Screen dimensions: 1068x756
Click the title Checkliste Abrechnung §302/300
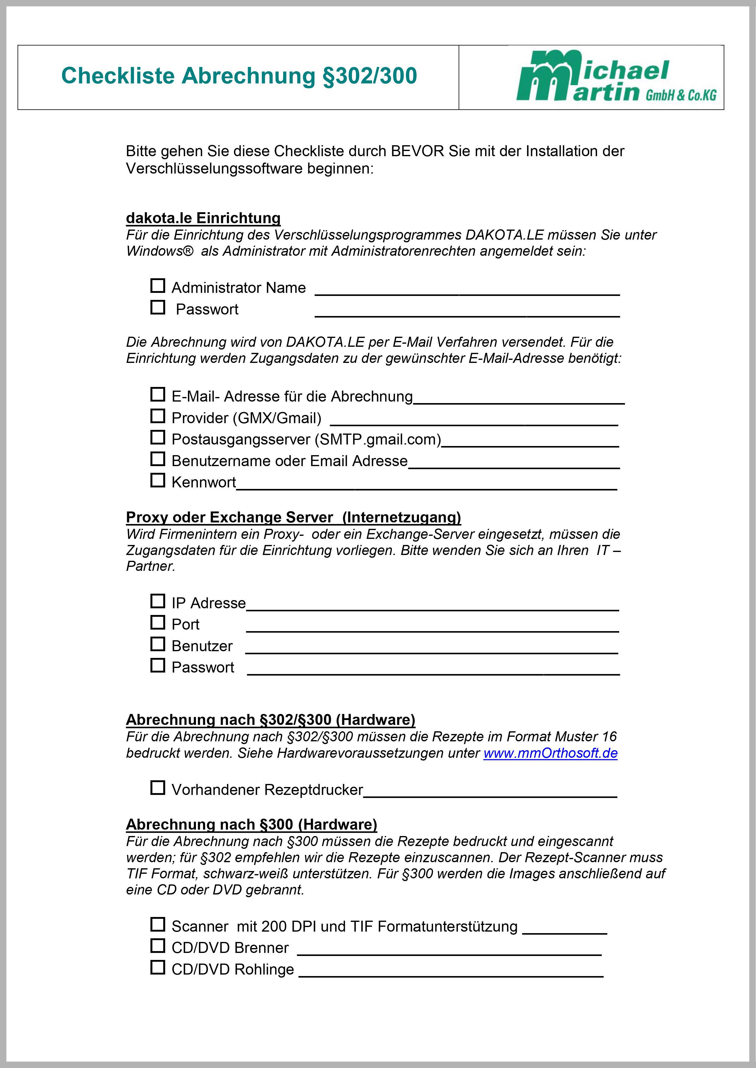coord(239,76)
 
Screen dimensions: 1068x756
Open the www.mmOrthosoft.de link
coord(550,753)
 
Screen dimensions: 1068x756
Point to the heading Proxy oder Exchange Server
coord(293,517)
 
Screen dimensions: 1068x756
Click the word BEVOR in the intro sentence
coord(417,151)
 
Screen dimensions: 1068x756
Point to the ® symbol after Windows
coord(188,251)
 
